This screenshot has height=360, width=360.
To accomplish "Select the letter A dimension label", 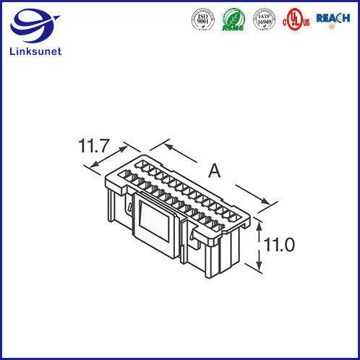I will click(214, 171).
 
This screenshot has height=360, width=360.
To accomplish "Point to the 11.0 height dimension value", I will click(278, 245).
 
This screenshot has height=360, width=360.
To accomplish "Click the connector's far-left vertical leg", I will click(110, 202).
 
